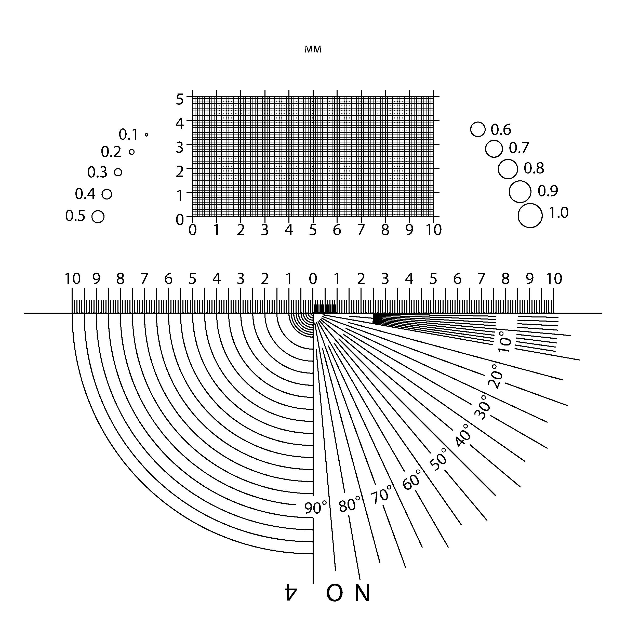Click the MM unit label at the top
point(313,49)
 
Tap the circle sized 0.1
point(146,135)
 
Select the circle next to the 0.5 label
point(98,217)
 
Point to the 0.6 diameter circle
point(478,130)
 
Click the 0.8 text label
point(534,168)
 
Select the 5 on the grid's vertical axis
point(180,99)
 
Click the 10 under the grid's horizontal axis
point(434,230)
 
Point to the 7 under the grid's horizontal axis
point(361,230)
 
